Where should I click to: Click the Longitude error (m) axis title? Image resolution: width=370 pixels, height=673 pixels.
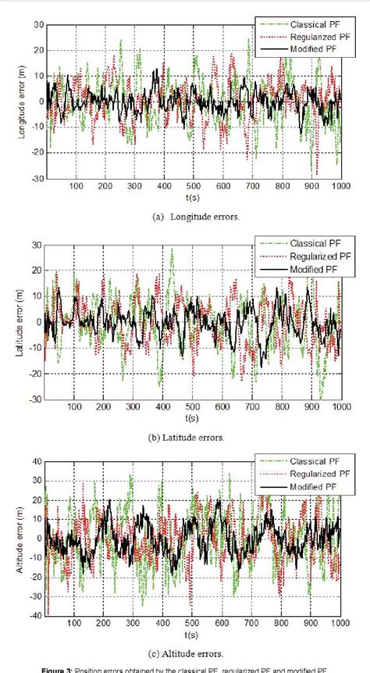pos(23,101)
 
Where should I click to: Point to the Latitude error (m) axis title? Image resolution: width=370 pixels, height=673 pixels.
pos(23,321)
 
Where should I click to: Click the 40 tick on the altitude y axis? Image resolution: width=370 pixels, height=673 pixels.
pos(37,463)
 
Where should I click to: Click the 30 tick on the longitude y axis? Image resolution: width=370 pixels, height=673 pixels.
pos(37,25)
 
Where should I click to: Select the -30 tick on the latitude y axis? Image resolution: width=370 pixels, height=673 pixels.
pos(36,399)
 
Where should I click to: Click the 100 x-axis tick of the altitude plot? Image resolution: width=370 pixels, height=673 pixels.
pos(76,625)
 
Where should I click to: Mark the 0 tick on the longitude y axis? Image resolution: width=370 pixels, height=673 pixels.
pos(39,102)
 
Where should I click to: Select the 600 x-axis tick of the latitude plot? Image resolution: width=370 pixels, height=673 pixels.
pos(223,407)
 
